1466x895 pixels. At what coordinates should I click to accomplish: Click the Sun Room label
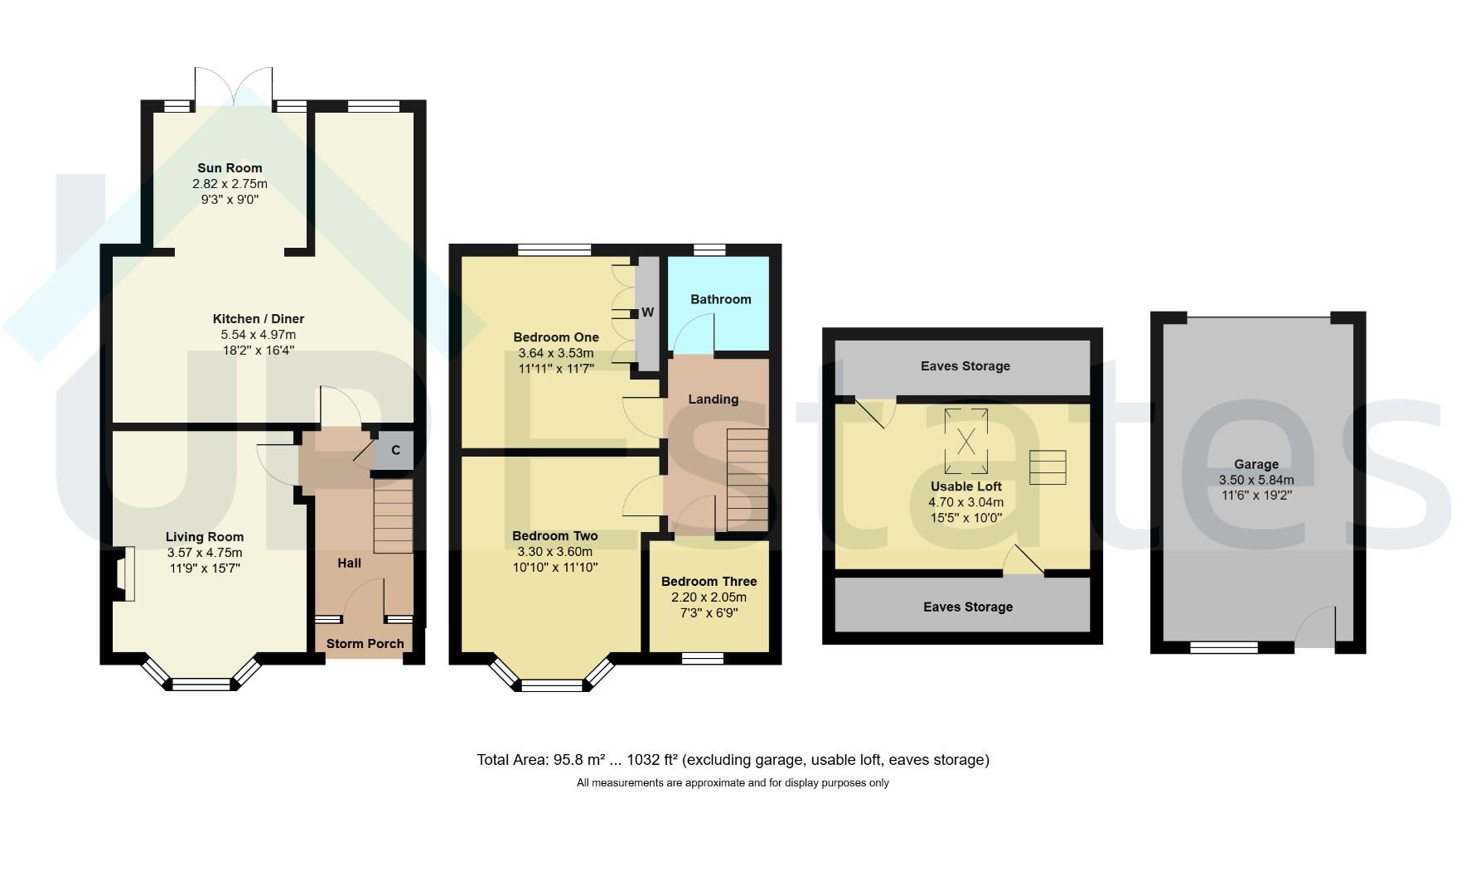click(x=230, y=168)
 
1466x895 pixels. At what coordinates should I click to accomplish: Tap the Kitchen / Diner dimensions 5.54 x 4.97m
click(x=258, y=335)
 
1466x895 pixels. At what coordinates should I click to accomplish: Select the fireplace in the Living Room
click(x=122, y=573)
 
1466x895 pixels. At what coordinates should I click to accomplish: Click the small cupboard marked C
click(x=395, y=450)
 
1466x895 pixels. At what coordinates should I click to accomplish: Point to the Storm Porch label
click(x=365, y=644)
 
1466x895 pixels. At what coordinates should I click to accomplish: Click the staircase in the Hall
click(x=393, y=515)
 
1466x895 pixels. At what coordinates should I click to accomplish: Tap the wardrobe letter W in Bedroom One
click(x=648, y=312)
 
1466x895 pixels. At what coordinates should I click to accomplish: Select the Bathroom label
click(x=721, y=299)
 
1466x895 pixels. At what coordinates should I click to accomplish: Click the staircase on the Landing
click(x=748, y=480)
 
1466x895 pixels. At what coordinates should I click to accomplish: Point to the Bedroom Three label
click(x=709, y=582)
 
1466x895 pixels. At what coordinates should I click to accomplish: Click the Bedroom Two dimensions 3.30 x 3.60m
click(x=555, y=552)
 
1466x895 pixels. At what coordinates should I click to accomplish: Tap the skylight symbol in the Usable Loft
click(x=966, y=441)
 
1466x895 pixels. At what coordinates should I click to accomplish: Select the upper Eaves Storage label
click(x=965, y=366)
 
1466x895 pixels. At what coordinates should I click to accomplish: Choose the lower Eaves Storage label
click(x=968, y=607)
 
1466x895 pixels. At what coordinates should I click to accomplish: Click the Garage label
click(x=1256, y=465)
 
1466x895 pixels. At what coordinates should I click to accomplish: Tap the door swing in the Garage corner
click(x=1316, y=626)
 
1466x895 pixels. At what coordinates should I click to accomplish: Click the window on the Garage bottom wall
click(x=1224, y=648)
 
